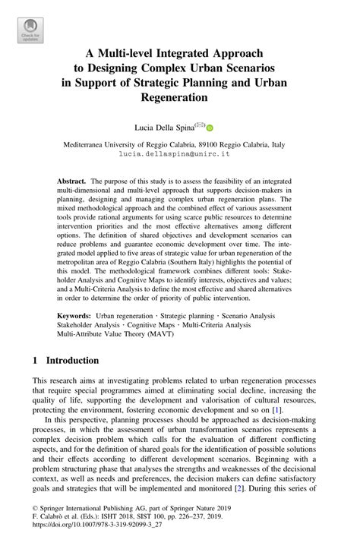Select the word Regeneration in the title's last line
(180, 98)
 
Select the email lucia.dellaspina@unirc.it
(179, 153)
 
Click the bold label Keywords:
(78, 314)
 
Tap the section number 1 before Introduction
(36, 361)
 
